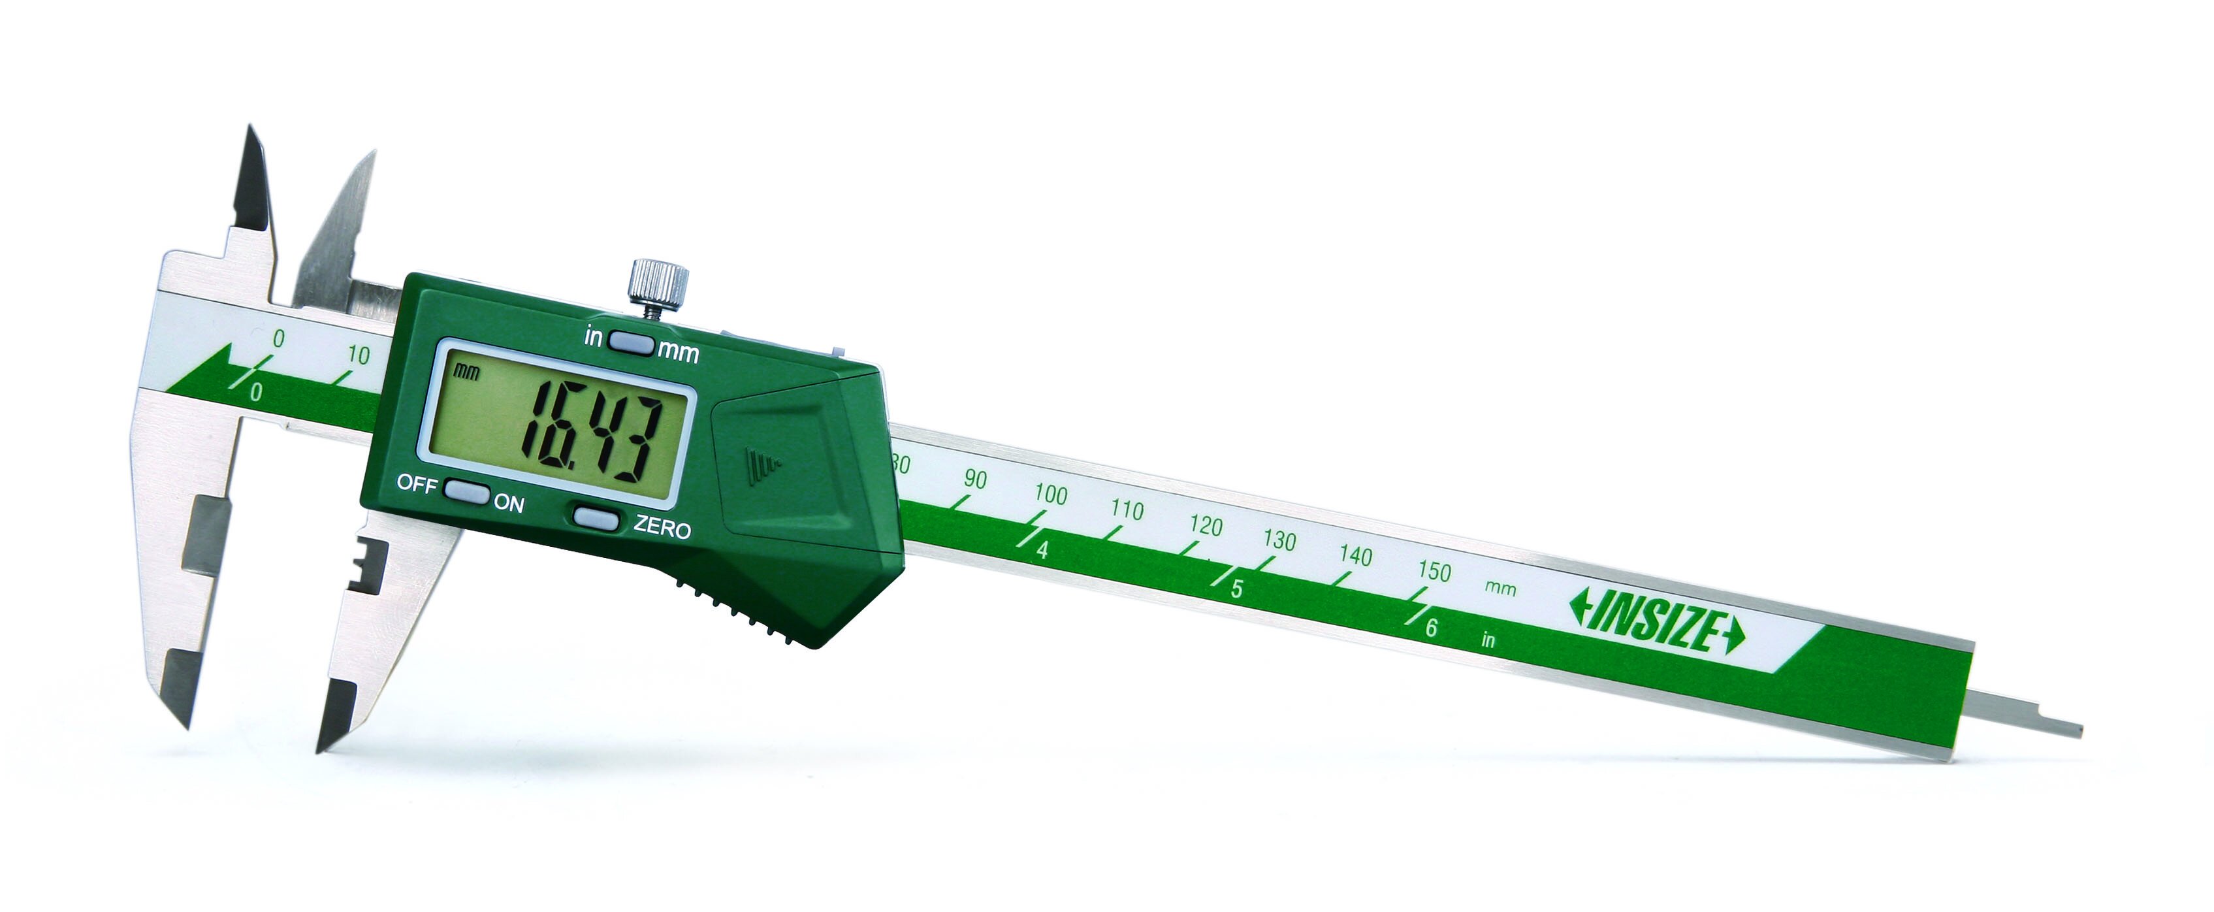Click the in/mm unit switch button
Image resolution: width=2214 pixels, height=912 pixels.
[x=633, y=343]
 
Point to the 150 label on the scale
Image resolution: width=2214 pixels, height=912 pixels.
[x=1434, y=571]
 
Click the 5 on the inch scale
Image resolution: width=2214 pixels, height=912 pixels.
[x=1237, y=589]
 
